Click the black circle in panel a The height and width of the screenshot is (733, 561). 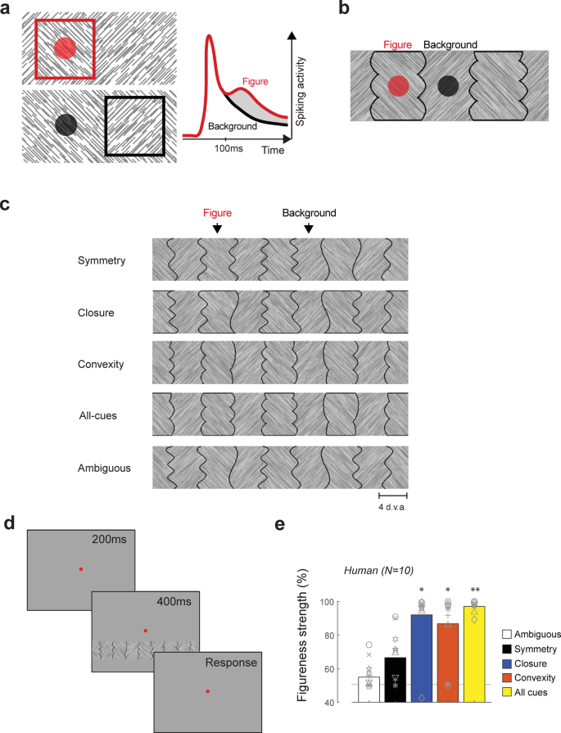coord(66,124)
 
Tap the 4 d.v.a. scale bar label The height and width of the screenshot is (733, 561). coord(392,507)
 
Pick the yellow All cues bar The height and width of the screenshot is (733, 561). coord(474,654)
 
